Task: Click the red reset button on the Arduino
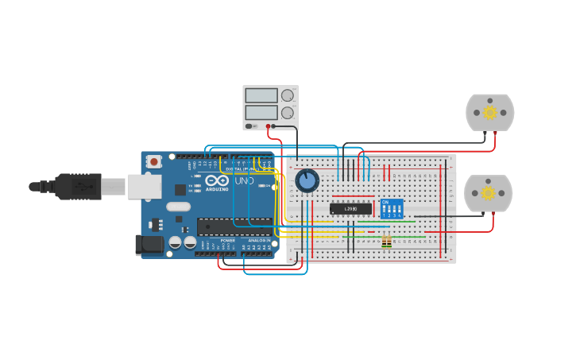153,161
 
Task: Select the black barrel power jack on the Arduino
149,245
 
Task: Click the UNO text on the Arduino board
244,180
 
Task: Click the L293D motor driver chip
350,209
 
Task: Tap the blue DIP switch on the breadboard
392,209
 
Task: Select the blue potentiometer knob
307,180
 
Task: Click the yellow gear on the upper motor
490,113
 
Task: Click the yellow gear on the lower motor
489,193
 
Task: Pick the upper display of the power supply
261,96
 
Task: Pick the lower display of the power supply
261,112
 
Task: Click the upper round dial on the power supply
287,96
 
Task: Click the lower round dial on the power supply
287,113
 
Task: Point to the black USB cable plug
75,187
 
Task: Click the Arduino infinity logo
213,180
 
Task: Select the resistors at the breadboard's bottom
387,242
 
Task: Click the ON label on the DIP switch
385,202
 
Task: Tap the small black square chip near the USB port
180,189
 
